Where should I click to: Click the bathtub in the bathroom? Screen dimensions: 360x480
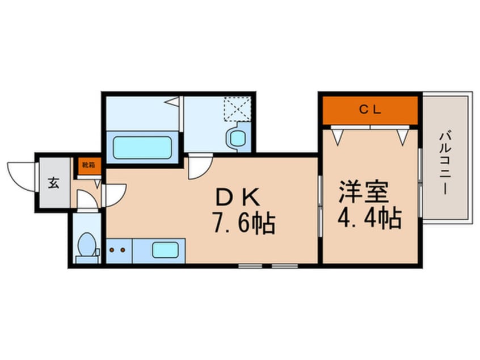click(x=142, y=148)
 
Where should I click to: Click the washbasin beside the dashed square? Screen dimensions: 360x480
click(x=234, y=137)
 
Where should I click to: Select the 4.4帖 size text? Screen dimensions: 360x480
click(x=369, y=217)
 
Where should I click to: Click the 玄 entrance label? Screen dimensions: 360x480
click(x=53, y=183)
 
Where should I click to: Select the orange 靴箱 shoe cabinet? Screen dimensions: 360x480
click(x=89, y=165)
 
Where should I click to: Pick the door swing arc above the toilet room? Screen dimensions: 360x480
click(x=86, y=199)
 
